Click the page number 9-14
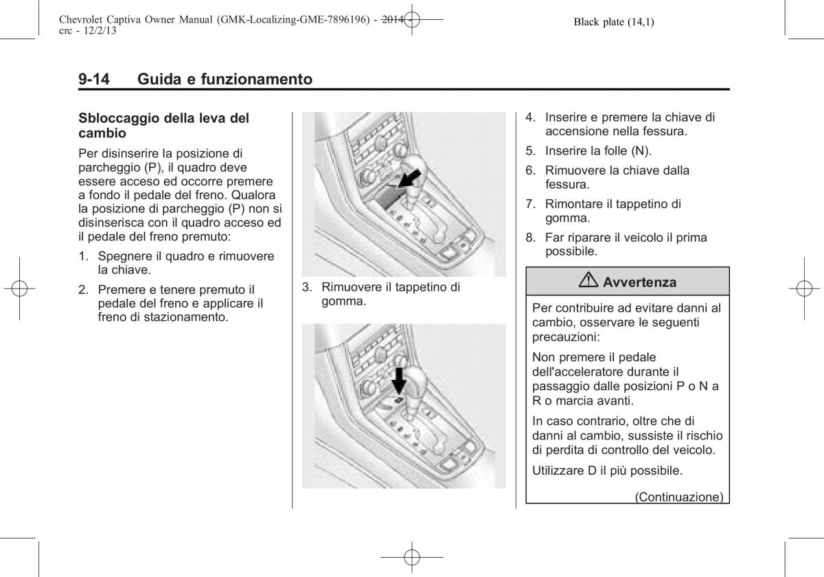(x=94, y=79)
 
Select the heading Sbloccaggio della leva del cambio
(x=163, y=125)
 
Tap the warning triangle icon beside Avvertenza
(x=589, y=282)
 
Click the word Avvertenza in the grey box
(x=639, y=282)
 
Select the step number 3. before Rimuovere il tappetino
(x=307, y=287)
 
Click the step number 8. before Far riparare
(x=530, y=238)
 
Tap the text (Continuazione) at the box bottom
(x=678, y=496)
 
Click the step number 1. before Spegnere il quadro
(x=83, y=256)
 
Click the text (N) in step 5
(x=643, y=150)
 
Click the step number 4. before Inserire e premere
(x=530, y=117)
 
